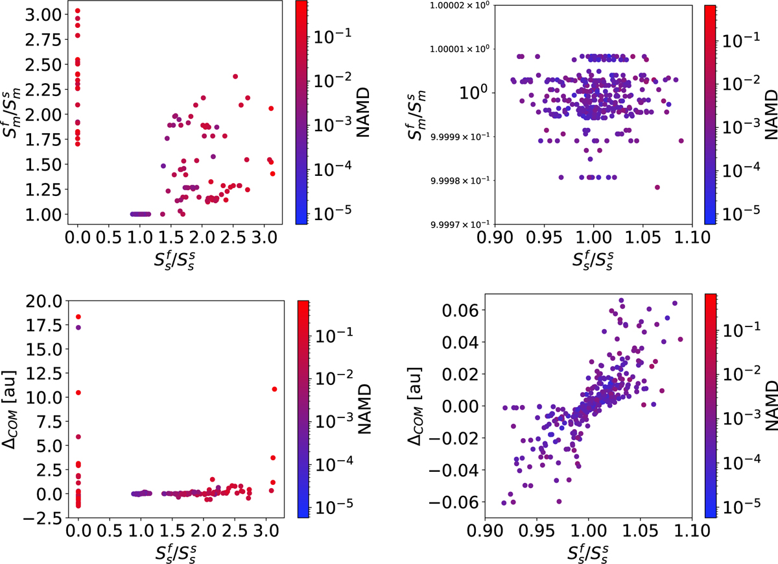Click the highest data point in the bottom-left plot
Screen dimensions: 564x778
tap(78, 317)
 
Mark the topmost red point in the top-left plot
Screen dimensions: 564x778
tap(78, 11)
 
